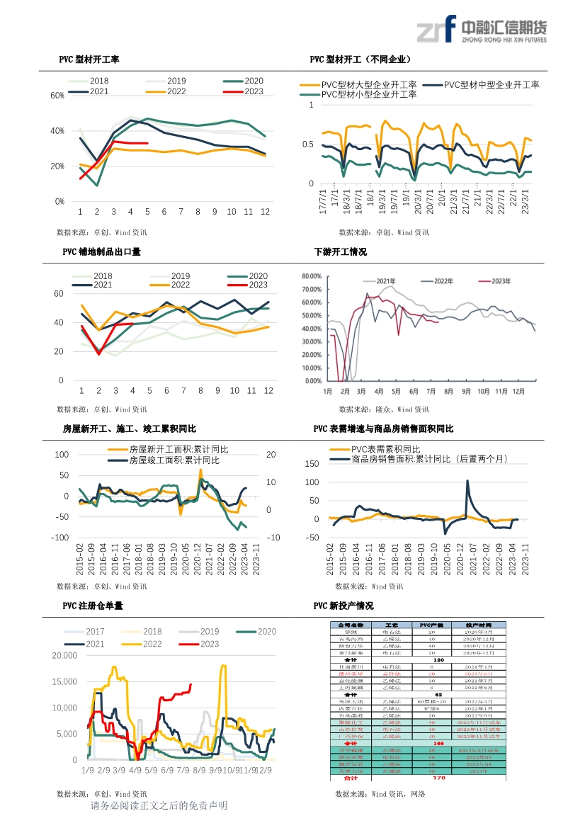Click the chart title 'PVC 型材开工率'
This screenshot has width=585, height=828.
(x=89, y=59)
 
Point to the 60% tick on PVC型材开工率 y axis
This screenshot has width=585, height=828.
(x=58, y=95)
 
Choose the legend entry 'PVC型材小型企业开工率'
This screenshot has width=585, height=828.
(x=368, y=94)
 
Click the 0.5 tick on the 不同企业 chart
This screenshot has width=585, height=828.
(x=307, y=144)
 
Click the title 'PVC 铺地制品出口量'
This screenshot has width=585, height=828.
(x=101, y=251)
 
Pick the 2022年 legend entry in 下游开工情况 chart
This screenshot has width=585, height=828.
(x=444, y=281)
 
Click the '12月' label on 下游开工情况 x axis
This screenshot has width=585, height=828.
(x=518, y=391)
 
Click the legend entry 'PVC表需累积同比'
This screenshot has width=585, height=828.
(x=385, y=450)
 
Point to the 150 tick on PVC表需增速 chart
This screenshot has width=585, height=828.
(x=312, y=464)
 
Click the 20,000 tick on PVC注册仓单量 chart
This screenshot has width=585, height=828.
(x=64, y=656)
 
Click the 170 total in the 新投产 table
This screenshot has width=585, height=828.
(x=438, y=778)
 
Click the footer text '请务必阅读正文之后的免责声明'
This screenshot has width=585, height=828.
(x=159, y=806)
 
